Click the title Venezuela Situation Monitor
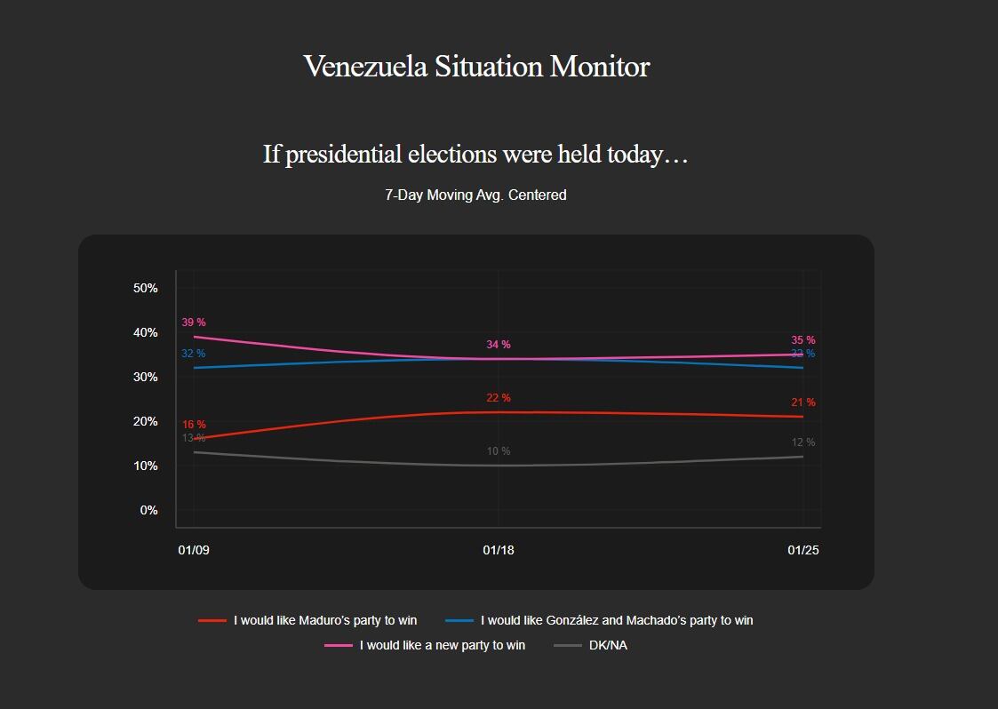click(x=476, y=67)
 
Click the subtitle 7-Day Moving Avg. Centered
click(x=475, y=195)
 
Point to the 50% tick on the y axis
click(x=146, y=288)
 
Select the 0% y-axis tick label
click(x=148, y=510)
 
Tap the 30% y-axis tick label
click(x=146, y=377)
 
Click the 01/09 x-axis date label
click(x=194, y=550)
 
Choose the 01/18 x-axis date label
click(x=499, y=550)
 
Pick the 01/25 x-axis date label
click(x=803, y=550)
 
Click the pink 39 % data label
click(x=194, y=323)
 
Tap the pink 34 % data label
click(x=499, y=345)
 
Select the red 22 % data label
click(x=499, y=398)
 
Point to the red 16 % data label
click(x=194, y=425)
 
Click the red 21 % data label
click(x=803, y=402)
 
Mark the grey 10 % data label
click(x=499, y=451)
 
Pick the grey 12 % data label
click(x=803, y=442)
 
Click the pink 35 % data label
click(x=803, y=340)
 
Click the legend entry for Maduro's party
click(x=325, y=620)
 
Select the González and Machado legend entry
click(x=616, y=620)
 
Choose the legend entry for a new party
click(x=442, y=645)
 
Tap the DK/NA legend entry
click(x=607, y=645)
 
